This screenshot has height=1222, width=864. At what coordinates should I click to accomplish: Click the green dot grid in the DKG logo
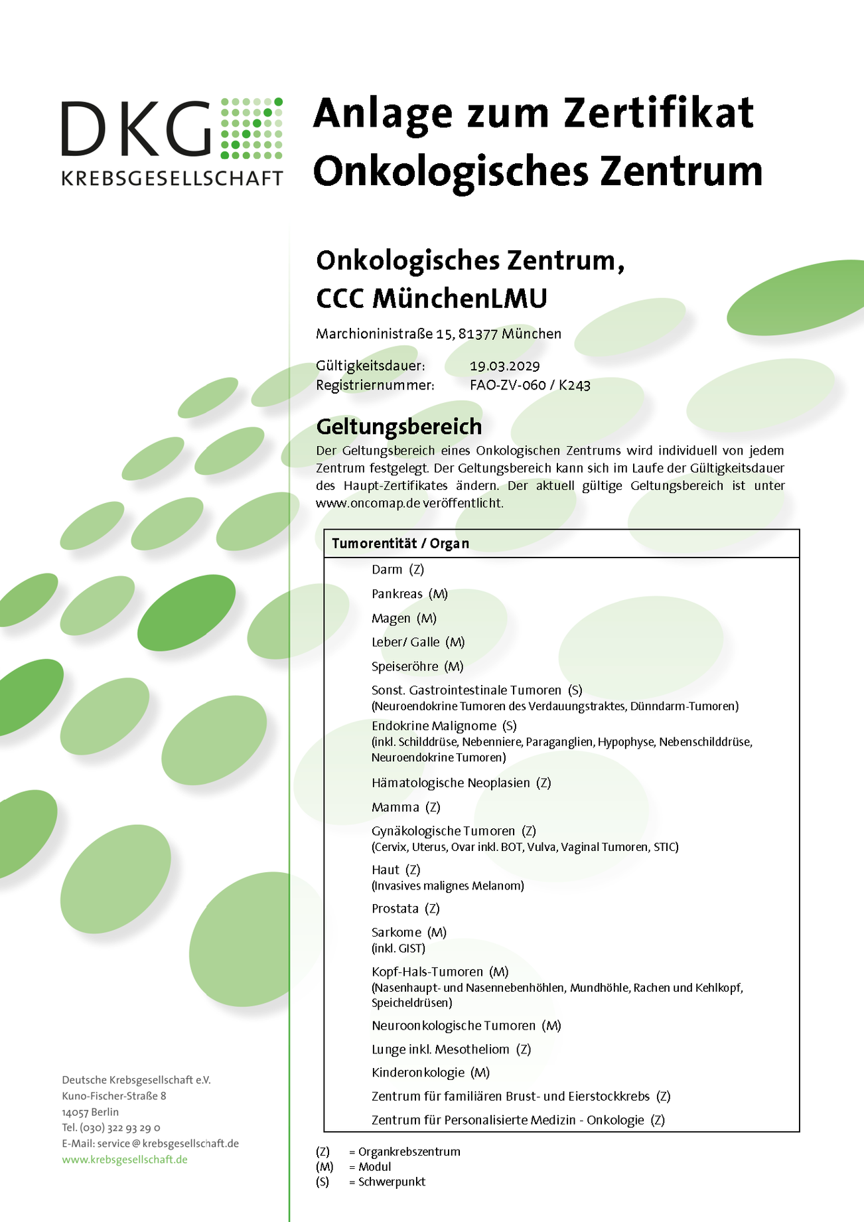[x=252, y=128]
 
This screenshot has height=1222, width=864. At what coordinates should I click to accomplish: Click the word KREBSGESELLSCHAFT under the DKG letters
[x=172, y=178]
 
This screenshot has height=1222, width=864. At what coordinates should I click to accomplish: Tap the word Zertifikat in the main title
[x=659, y=113]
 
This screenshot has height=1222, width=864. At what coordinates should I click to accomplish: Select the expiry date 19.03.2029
[x=504, y=366]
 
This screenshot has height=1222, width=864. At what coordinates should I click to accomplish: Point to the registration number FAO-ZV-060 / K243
[x=530, y=385]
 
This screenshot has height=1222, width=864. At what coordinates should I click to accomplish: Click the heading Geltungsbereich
[x=399, y=426]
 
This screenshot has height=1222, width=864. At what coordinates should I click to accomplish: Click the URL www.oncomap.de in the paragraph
[x=368, y=503]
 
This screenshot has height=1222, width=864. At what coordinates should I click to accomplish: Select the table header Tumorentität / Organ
[x=400, y=544]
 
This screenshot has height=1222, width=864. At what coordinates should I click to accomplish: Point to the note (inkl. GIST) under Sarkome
[x=398, y=949]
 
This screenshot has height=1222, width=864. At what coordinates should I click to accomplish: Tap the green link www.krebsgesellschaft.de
[x=125, y=1160]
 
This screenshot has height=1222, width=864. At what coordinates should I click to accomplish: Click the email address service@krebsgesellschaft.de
[x=168, y=1144]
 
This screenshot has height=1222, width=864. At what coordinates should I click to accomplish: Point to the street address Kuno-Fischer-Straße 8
[x=114, y=1096]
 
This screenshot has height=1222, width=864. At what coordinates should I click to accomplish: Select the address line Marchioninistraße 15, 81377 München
[x=438, y=334]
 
